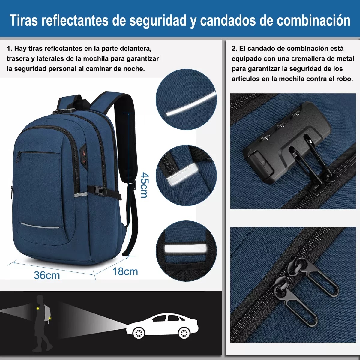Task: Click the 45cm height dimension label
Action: point(144,185)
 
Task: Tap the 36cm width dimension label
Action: point(47,275)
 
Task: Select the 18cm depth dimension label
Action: point(125,271)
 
